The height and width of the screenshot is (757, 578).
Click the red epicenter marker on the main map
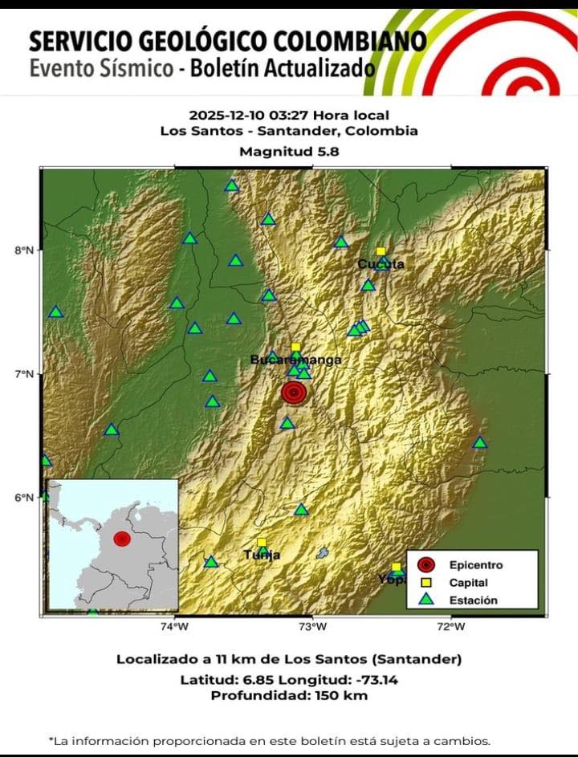(x=294, y=393)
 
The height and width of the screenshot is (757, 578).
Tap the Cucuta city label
(x=381, y=264)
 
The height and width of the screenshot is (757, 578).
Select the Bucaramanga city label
(x=295, y=360)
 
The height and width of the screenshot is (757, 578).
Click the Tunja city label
(x=262, y=555)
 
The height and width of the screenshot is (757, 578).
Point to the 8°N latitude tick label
(x=24, y=250)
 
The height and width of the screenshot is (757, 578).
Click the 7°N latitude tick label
(x=24, y=373)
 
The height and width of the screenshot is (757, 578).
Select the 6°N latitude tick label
(x=24, y=497)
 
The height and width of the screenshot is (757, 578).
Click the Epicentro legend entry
(x=475, y=565)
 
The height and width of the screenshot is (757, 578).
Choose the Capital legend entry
(x=468, y=583)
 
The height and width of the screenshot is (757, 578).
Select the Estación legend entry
(x=473, y=600)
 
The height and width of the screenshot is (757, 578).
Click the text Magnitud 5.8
(x=289, y=151)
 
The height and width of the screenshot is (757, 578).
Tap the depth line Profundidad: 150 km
(x=289, y=695)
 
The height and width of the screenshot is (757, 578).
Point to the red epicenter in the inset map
(x=121, y=538)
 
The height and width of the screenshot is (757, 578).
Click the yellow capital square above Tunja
(x=262, y=543)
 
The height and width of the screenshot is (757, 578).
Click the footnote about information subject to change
(x=269, y=741)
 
